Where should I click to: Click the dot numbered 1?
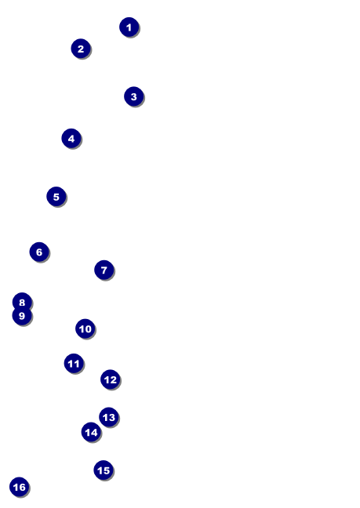pyautogui.click(x=129, y=27)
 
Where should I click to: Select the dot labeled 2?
pyautogui.click(x=81, y=49)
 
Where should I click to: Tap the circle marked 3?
pyautogui.click(x=134, y=96)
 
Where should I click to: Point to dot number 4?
pyautogui.click(x=71, y=138)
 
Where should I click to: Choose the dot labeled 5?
pyautogui.click(x=56, y=196)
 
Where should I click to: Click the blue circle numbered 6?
pyautogui.click(x=39, y=252)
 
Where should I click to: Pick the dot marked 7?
pyautogui.click(x=104, y=270)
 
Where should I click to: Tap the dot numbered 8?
pyautogui.click(x=22, y=302)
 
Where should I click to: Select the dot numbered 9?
pyautogui.click(x=22, y=316)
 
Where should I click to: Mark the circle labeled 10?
pyautogui.click(x=85, y=328)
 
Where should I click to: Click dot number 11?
pyautogui.click(x=74, y=364)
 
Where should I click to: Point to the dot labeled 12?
pyautogui.click(x=111, y=379)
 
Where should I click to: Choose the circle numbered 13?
pyautogui.click(x=109, y=417)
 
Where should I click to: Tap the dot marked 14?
pyautogui.click(x=91, y=432)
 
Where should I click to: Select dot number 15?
pyautogui.click(x=104, y=470)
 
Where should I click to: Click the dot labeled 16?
pyautogui.click(x=19, y=487)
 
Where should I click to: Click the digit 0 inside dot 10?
pyautogui.click(x=88, y=329)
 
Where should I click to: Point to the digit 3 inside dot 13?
pyautogui.click(x=112, y=417)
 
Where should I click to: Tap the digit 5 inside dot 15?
pyautogui.click(x=107, y=470)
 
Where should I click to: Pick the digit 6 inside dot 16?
pyautogui.click(x=22, y=487)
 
